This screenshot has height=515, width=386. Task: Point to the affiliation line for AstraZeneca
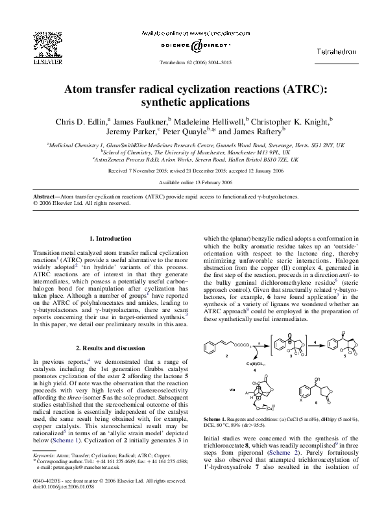click(195, 159)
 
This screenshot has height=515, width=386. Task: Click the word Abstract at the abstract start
click(47, 195)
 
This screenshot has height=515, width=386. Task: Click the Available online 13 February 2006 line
click(195, 182)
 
